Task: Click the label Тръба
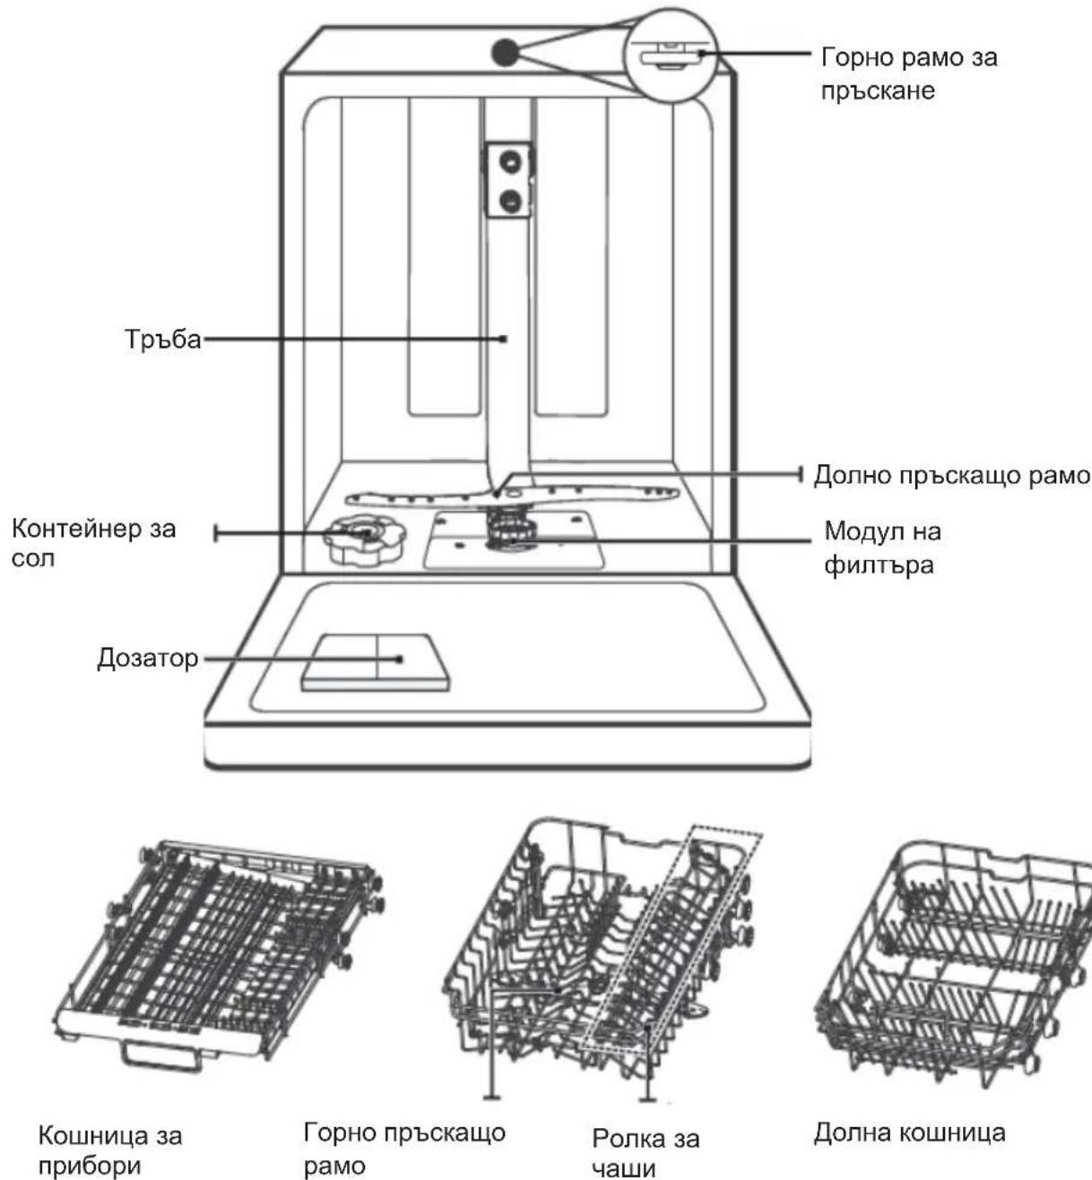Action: pyautogui.click(x=163, y=340)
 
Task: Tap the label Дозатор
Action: pyautogui.click(x=148, y=659)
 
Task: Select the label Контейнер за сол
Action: pyautogui.click(x=93, y=543)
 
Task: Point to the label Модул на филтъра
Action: pyautogui.click(x=882, y=547)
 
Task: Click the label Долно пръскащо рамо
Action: pyautogui.click(x=951, y=476)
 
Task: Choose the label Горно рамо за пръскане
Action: pyautogui.click(x=909, y=74)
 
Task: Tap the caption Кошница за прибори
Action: pyautogui.click(x=110, y=1150)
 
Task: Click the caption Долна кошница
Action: pyautogui.click(x=909, y=1133)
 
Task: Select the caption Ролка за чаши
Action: pyautogui.click(x=646, y=1153)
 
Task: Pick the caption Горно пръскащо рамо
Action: pyautogui.click(x=404, y=1150)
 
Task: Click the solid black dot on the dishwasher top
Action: pyautogui.click(x=505, y=53)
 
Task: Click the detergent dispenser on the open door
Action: pyautogui.click(x=376, y=662)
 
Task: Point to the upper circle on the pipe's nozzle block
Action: pyautogui.click(x=510, y=161)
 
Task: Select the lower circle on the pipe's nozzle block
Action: pyautogui.click(x=510, y=200)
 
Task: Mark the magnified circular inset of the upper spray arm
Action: pyautogui.click(x=672, y=56)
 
